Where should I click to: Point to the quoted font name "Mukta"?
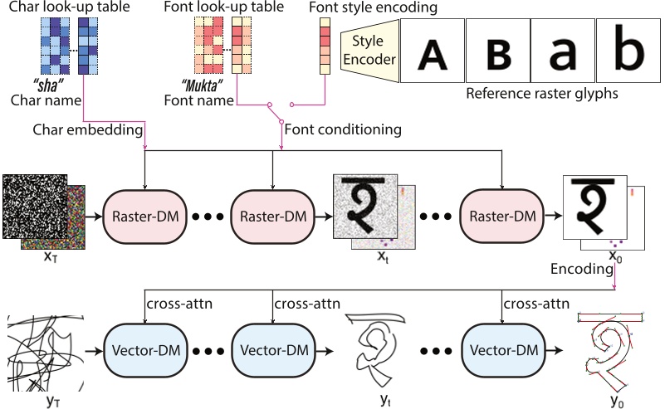click(x=203, y=85)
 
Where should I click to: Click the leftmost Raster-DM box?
click(x=140, y=215)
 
